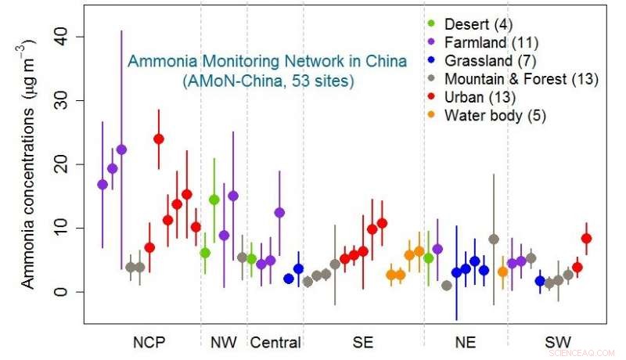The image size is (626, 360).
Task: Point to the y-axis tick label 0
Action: tap(67, 292)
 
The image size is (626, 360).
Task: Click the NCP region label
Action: tap(149, 342)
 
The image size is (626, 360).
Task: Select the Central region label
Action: tap(275, 342)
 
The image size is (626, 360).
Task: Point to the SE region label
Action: tap(362, 342)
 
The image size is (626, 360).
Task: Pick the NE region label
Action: tap(466, 342)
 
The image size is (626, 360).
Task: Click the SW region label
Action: tap(557, 342)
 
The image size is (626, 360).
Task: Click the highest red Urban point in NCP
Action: tap(159, 139)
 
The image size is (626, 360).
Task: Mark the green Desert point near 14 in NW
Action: tap(214, 200)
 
